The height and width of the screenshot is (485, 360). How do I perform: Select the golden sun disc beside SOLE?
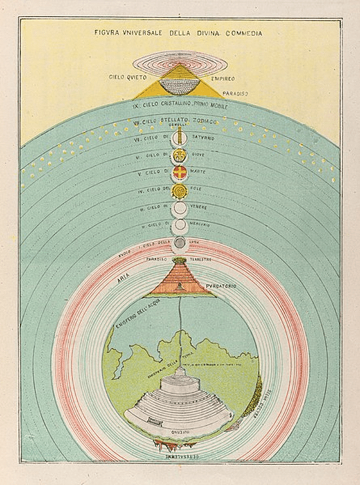(180, 190)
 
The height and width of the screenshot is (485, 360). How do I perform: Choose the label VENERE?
(206, 208)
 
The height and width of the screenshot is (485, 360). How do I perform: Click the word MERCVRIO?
(209, 224)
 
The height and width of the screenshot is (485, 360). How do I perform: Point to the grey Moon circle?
(181, 242)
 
